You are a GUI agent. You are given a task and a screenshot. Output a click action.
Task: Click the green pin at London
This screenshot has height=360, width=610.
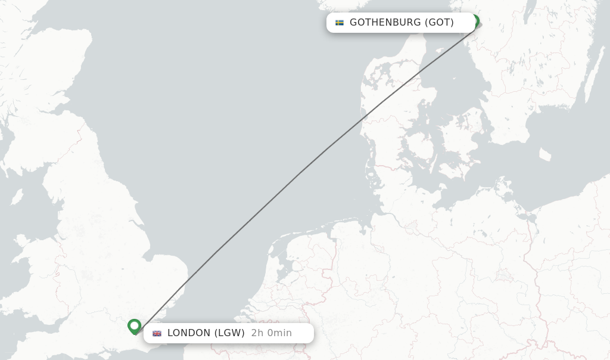tap(135, 326)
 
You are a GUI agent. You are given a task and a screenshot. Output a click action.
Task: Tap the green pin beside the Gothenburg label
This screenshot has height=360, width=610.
tap(475, 21)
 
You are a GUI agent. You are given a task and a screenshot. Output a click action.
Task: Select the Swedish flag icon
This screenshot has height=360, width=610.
tap(340, 23)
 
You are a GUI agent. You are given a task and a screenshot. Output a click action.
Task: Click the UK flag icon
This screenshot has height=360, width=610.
tap(157, 333)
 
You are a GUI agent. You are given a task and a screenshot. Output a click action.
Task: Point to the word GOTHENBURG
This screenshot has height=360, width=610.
tap(385, 23)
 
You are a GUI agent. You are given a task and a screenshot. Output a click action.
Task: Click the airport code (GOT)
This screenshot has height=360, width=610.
tap(439, 23)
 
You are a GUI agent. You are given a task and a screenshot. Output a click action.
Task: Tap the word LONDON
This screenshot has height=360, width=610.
tap(189, 333)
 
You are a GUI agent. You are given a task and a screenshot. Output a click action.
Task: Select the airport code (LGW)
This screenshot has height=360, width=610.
tap(229, 333)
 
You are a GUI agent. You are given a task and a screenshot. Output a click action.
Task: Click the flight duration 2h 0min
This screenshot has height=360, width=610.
tap(272, 333)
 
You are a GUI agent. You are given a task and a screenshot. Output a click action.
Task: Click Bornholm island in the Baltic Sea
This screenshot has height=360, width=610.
tap(544, 154)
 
